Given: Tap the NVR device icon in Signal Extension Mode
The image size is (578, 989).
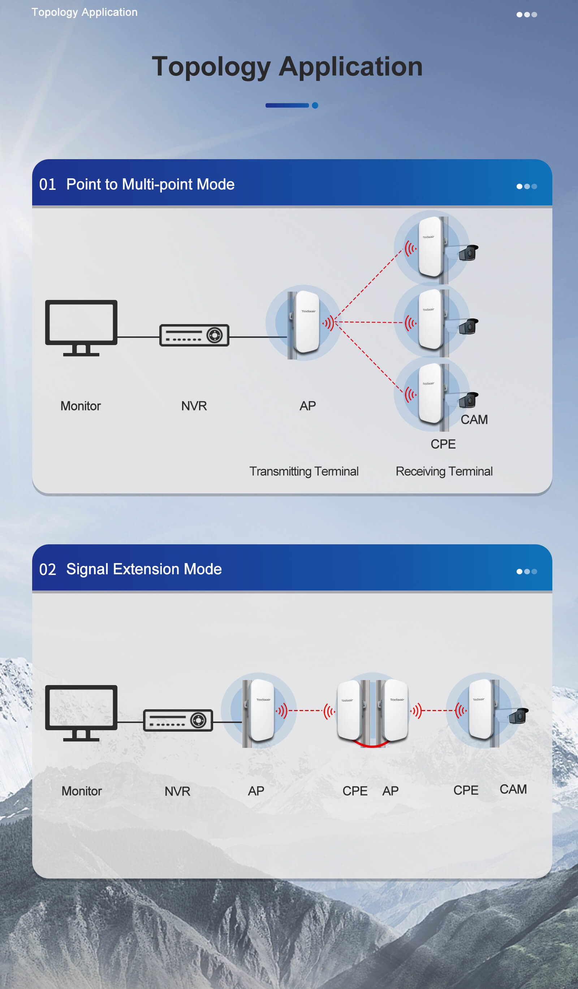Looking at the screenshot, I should (x=178, y=720).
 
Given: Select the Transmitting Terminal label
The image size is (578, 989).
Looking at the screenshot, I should (x=303, y=471).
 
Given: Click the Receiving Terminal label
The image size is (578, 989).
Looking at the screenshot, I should (x=444, y=471).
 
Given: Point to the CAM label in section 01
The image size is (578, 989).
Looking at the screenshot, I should (x=474, y=419).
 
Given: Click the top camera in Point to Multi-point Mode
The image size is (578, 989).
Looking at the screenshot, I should (x=468, y=253).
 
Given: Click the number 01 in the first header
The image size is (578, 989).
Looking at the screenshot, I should (x=48, y=184).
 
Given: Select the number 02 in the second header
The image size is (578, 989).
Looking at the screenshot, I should (x=48, y=570).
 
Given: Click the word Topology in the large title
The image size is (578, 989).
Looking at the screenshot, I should (x=211, y=66).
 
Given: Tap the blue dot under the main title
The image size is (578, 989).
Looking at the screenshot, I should (x=315, y=105).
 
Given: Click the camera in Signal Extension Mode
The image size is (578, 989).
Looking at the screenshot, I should (x=518, y=716).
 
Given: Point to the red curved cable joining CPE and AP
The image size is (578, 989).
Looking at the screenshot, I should (x=371, y=745).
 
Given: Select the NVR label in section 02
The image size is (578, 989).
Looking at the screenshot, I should (x=177, y=791).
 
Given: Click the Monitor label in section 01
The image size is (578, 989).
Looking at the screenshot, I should (x=81, y=406).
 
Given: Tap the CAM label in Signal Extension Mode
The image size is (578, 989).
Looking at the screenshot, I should (x=513, y=789).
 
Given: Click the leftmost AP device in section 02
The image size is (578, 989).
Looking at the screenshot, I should (x=262, y=710).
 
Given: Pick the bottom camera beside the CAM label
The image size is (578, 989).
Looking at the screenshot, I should (x=468, y=400).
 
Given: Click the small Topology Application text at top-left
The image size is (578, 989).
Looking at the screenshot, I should (x=85, y=12).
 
